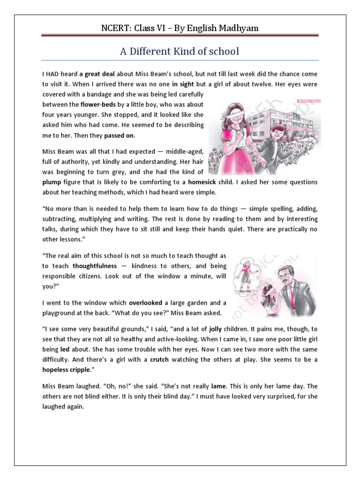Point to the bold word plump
tap(52, 182)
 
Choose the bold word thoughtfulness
tap(94, 266)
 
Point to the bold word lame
tap(218, 387)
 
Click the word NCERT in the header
tap(117, 28)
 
